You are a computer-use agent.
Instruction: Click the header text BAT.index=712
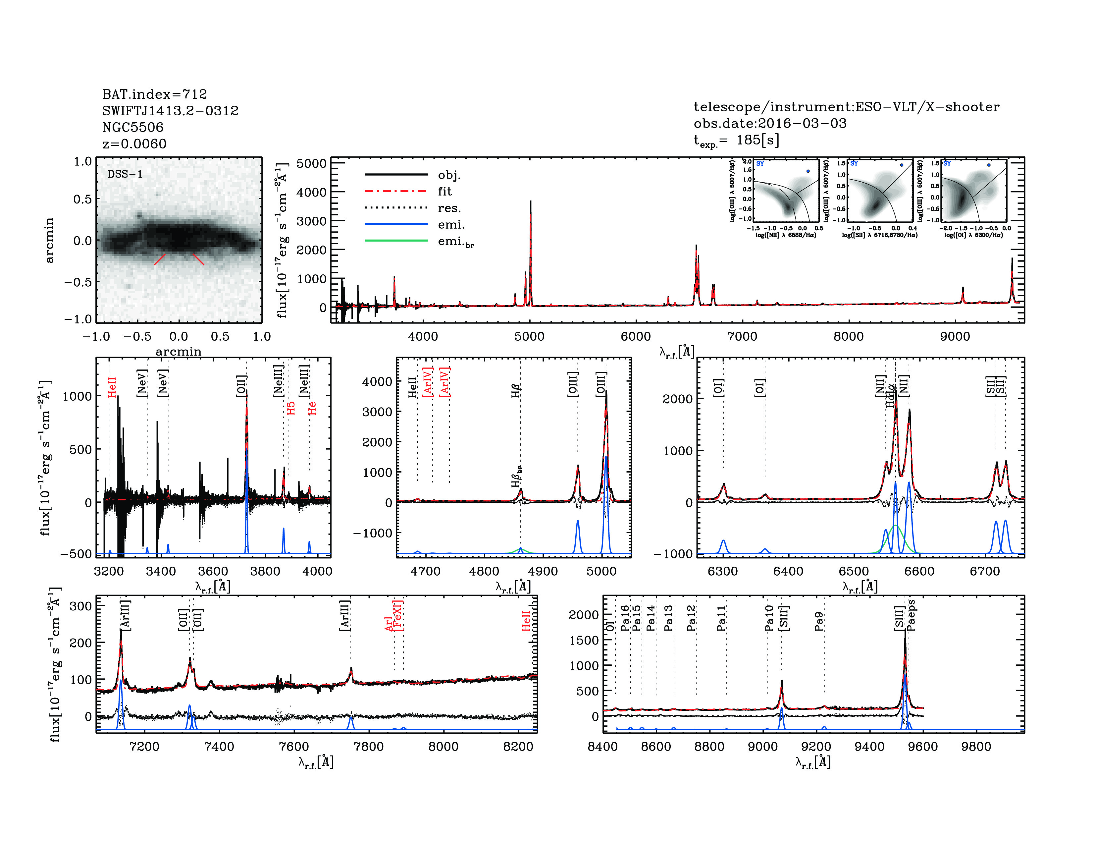(154, 94)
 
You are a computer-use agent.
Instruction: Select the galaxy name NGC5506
(132, 127)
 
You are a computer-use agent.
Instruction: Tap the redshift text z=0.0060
(134, 144)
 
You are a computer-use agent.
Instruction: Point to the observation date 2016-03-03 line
(770, 123)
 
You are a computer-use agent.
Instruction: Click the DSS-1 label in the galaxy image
(125, 174)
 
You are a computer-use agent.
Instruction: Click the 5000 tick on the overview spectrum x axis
(529, 336)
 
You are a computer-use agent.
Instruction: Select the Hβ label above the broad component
(516, 390)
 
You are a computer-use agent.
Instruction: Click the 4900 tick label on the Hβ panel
(543, 571)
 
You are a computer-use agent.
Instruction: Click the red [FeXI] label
(398, 615)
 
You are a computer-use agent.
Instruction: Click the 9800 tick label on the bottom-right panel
(976, 746)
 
